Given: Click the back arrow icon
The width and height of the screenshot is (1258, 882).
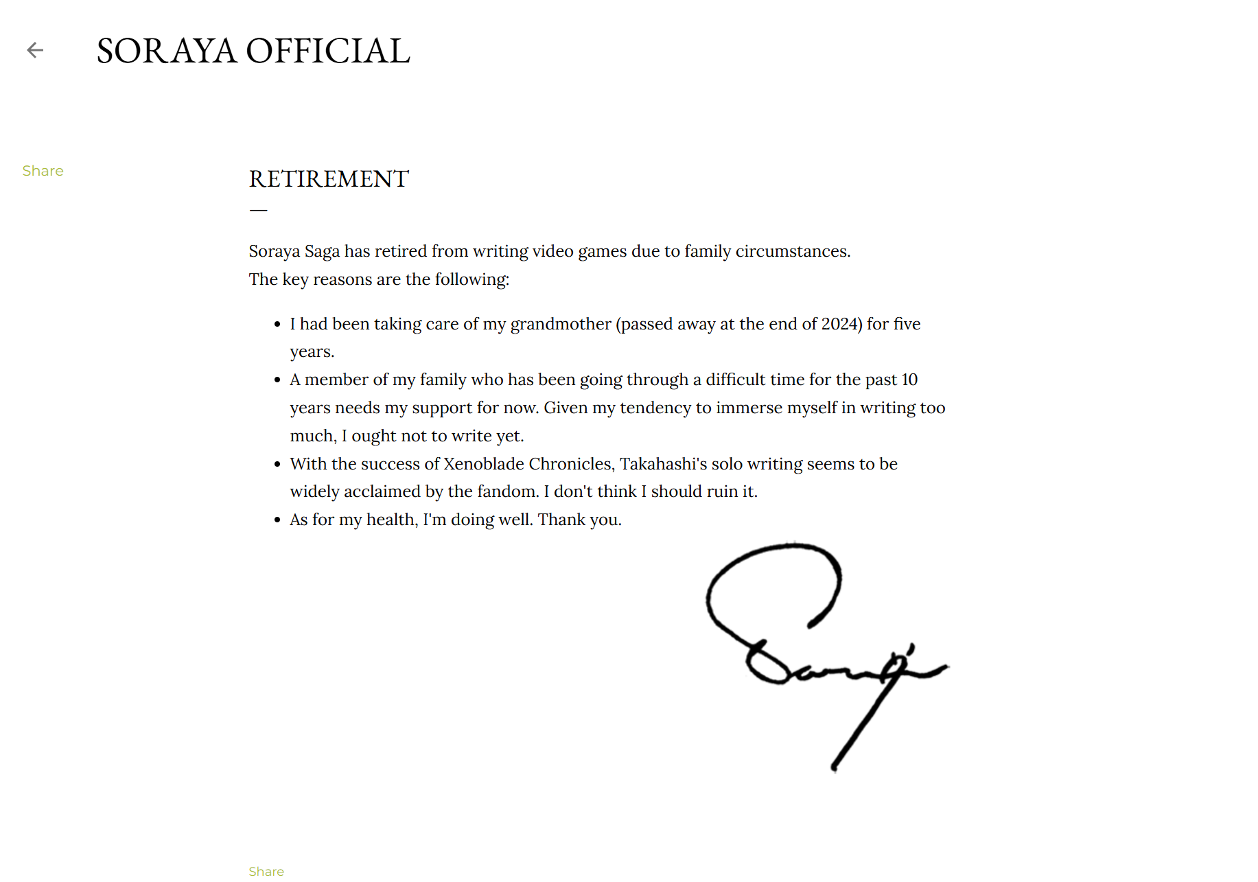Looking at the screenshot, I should pyautogui.click(x=35, y=50).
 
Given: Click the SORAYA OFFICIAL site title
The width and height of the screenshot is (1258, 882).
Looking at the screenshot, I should pyautogui.click(x=253, y=51).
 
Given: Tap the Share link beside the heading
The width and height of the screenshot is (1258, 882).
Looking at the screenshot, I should pyautogui.click(x=43, y=171).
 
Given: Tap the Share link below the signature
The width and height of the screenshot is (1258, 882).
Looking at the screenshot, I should pyautogui.click(x=266, y=871).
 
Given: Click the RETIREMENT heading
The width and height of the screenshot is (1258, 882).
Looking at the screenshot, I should pyautogui.click(x=329, y=179).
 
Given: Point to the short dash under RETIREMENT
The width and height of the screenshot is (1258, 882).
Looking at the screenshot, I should pyautogui.click(x=258, y=210).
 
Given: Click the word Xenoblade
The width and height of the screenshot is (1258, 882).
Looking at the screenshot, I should pyautogui.click(x=484, y=464).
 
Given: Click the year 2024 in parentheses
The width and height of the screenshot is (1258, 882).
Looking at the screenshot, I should pyautogui.click(x=840, y=324).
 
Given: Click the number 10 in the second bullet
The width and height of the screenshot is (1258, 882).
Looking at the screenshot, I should pyautogui.click(x=909, y=380).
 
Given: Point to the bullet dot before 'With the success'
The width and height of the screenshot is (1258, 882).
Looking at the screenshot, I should pyautogui.click(x=277, y=465).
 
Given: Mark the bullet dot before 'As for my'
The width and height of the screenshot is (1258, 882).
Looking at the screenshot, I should pyautogui.click(x=277, y=520).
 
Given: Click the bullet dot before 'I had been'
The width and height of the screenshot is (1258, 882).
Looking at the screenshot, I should pyautogui.click(x=277, y=325).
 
